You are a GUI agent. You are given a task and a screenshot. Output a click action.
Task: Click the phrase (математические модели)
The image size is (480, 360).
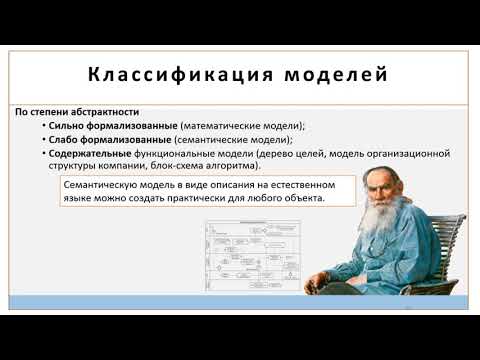[234, 126]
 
